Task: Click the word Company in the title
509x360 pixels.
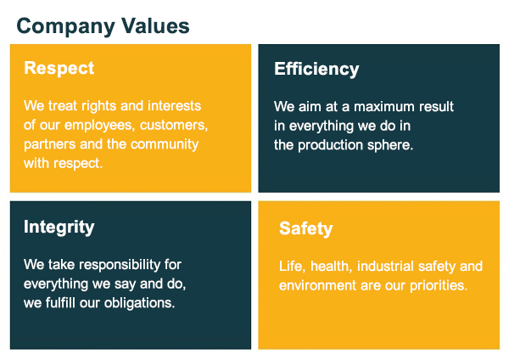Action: (66, 26)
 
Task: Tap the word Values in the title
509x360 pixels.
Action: (155, 25)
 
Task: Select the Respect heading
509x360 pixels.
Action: (59, 69)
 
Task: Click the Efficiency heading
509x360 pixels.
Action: (316, 70)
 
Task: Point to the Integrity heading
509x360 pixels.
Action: (59, 227)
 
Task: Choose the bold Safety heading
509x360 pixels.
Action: (305, 228)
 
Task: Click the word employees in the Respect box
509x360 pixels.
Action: (99, 126)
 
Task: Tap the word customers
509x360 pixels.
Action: (174, 125)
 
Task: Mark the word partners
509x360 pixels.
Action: (49, 144)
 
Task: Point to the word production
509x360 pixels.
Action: (330, 145)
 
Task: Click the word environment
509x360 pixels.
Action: (317, 285)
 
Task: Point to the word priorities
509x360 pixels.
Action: (439, 285)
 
